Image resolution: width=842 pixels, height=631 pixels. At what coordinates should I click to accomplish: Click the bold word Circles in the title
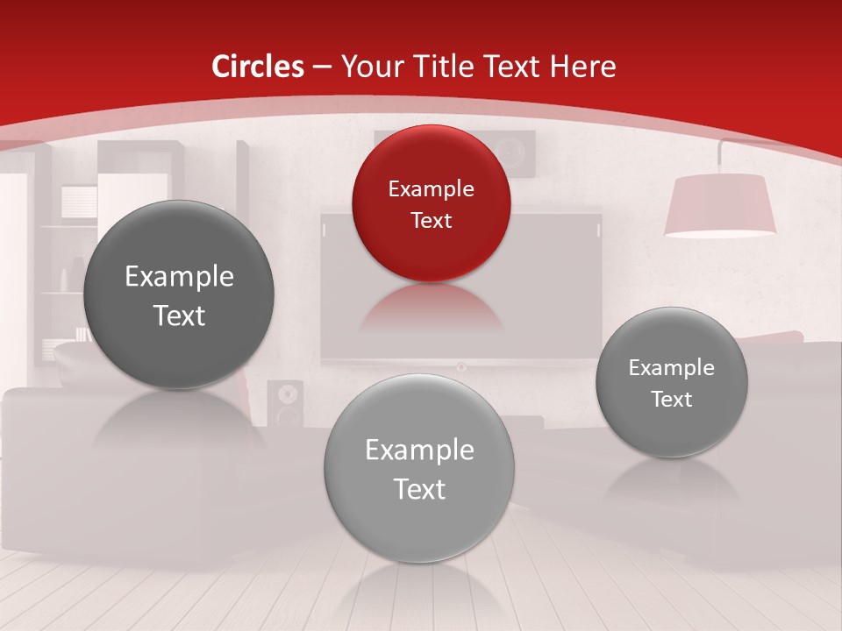point(258,67)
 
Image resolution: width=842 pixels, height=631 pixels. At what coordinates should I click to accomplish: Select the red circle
point(431,203)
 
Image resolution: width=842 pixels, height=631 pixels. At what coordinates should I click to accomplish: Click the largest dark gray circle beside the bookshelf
point(179,294)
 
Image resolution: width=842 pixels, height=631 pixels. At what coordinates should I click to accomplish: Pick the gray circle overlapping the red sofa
point(672,382)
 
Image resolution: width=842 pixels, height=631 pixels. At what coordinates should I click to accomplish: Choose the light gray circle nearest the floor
point(419,468)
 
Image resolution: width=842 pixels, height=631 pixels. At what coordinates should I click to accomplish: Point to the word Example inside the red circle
point(431,188)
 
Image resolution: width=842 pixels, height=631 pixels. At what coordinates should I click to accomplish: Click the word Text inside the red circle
point(431,220)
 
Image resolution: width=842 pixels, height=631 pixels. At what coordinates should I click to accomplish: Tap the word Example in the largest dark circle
point(179,277)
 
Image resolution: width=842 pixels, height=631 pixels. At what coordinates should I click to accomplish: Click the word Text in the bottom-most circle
point(419,489)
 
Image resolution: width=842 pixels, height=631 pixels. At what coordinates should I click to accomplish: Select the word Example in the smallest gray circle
point(672,367)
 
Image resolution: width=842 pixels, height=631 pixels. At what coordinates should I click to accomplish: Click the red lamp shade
point(719,206)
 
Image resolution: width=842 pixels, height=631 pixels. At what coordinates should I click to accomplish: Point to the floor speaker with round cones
point(285,403)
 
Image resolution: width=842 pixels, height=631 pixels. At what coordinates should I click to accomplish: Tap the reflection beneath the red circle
point(431,307)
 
